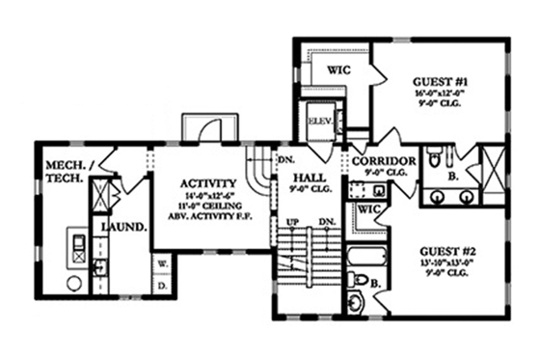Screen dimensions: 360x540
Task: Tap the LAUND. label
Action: (124, 228)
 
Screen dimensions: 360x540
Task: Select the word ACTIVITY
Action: (209, 181)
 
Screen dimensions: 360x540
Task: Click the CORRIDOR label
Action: (384, 160)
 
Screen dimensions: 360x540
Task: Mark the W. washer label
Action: (162, 263)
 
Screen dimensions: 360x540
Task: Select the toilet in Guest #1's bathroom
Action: (434, 157)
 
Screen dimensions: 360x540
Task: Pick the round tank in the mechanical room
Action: (73, 284)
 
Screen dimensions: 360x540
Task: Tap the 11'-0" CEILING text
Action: (209, 206)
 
